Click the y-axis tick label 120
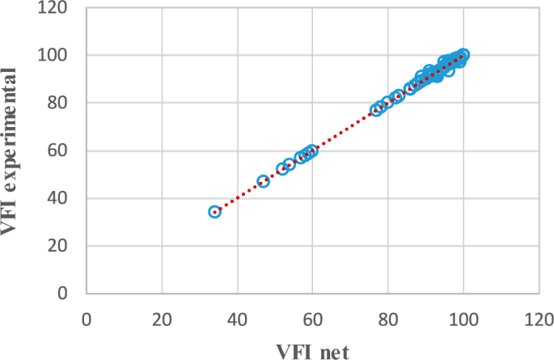coord(55,8)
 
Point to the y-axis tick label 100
coord(55,55)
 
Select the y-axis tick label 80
coord(60,103)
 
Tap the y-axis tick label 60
coord(60,150)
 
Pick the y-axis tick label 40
coord(60,198)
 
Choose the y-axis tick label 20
coord(60,246)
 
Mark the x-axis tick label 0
coord(87,317)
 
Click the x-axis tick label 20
coord(163,317)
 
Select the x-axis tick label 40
coord(238,317)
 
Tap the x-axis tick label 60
coord(313,317)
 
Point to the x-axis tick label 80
coord(388,317)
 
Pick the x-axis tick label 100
coord(463,317)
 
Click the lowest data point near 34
coord(215,211)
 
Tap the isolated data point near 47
coord(263,181)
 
